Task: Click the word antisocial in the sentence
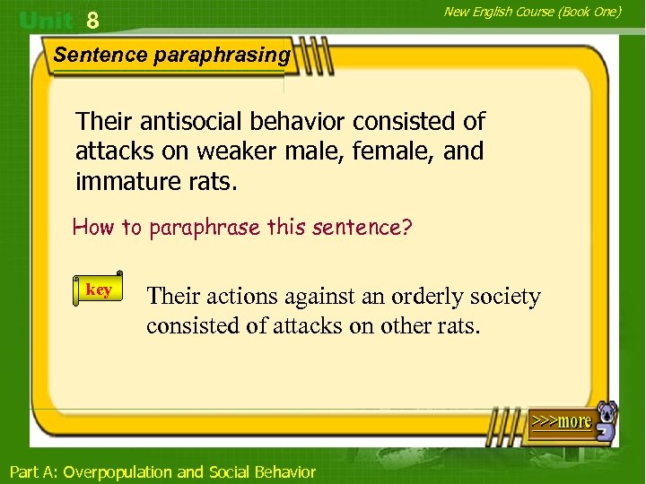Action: [184, 121]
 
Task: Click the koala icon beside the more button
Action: [607, 421]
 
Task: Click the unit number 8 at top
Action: [92, 19]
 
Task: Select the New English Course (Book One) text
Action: [532, 12]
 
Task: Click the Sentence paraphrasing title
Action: [171, 55]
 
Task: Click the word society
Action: [502, 296]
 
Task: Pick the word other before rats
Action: [405, 325]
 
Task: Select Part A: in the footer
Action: [33, 471]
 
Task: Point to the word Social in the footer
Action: [231, 471]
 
